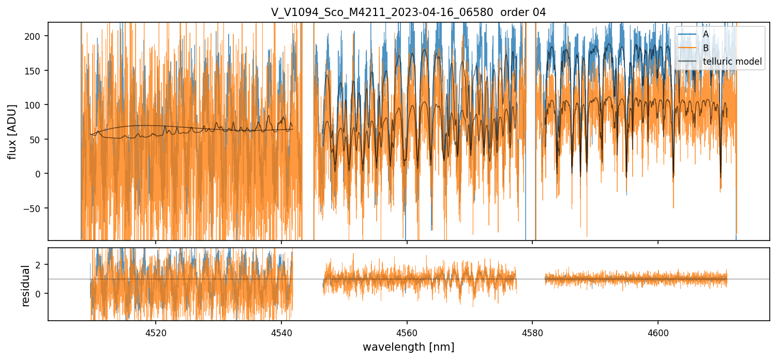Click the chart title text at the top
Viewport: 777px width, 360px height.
[x=408, y=12]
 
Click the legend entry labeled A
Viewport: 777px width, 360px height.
[x=706, y=34]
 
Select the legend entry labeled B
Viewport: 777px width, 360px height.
[x=706, y=48]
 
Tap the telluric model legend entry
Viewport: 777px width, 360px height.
[x=732, y=62]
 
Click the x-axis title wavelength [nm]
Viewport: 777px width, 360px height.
[x=408, y=347]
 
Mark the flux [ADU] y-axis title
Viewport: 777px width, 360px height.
[x=12, y=131]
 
